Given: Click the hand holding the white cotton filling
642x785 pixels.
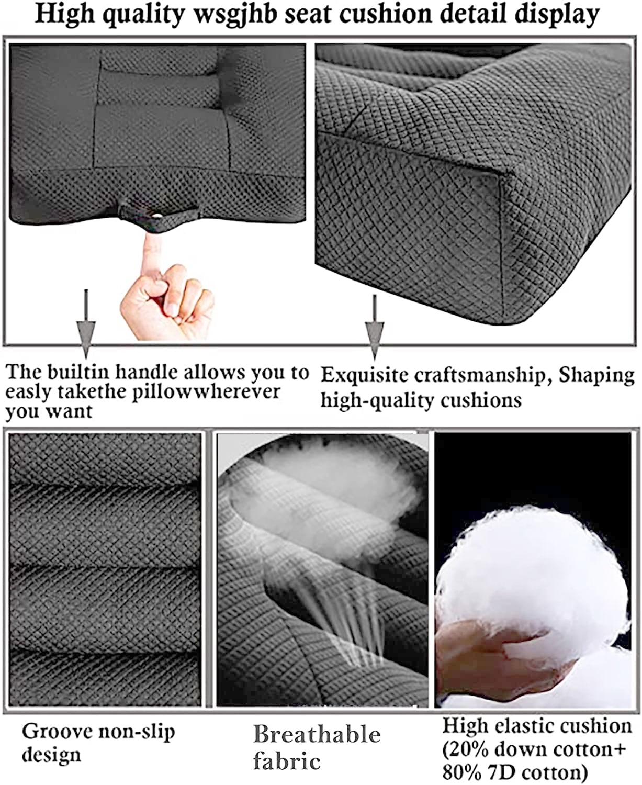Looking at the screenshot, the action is [495, 648].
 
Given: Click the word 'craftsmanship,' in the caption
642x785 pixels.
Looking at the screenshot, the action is [483, 376].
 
